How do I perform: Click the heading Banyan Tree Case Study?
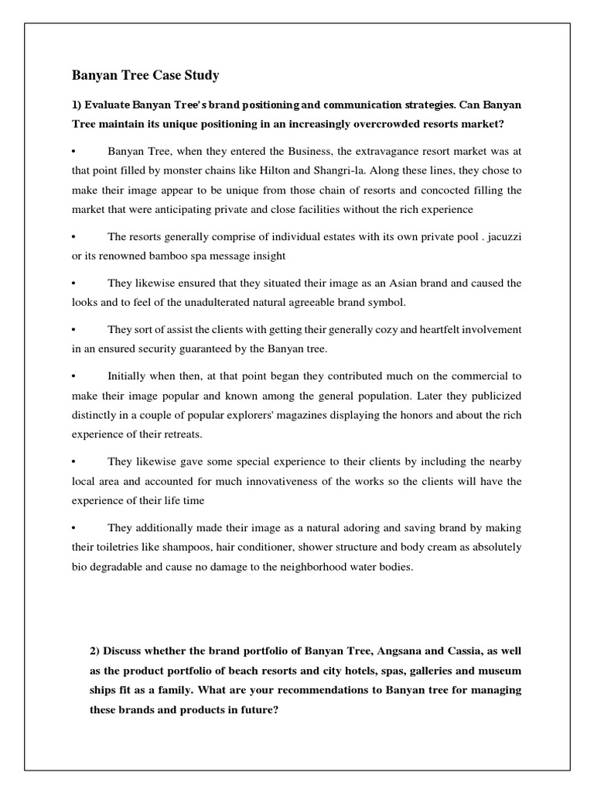click(145, 75)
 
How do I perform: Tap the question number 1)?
click(77, 104)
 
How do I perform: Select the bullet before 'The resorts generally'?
click(75, 236)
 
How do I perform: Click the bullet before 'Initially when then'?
click(75, 376)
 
